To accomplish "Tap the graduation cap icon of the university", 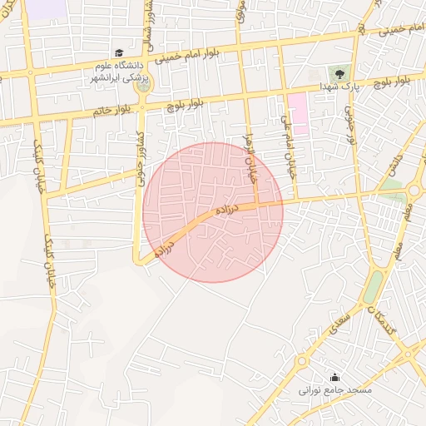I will (118, 52).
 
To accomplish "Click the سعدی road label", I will (340, 319).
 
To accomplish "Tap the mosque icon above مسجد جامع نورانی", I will (334, 376).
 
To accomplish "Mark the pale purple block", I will (50, 8).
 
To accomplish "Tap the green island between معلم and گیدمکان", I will (374, 286).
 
